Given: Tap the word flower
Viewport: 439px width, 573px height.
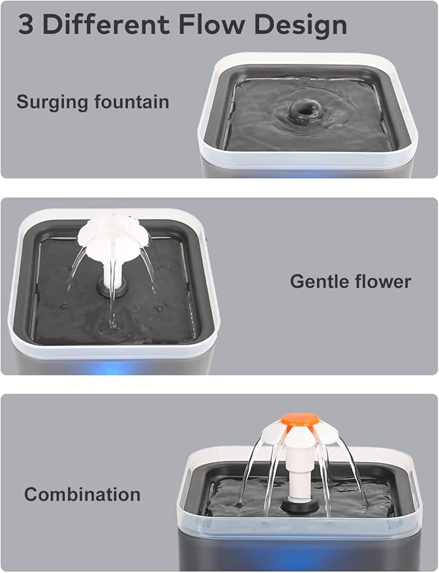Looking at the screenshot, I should coord(386,282).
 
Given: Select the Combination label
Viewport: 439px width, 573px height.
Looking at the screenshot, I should coord(82,494).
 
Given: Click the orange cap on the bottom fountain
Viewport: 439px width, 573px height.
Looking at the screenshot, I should coord(301,420).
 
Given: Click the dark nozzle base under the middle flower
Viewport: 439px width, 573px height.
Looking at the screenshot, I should coord(109,287).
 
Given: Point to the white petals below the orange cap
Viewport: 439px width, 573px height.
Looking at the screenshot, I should coord(301,435).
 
